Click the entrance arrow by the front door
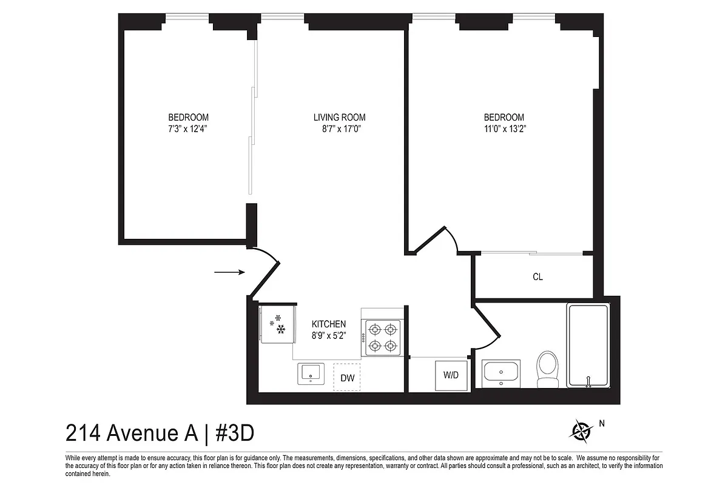tap(229, 272)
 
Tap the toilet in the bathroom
tap(548, 369)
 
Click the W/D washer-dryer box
tap(451, 375)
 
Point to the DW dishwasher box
tap(347, 378)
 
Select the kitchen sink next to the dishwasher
tap(312, 373)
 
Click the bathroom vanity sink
tap(501, 372)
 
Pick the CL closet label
tap(538, 277)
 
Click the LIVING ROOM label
tap(340, 117)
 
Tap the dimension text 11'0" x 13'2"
tap(504, 129)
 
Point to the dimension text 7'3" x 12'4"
tap(188, 129)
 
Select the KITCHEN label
tap(329, 324)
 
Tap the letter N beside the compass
tap(602, 424)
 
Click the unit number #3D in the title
tap(234, 433)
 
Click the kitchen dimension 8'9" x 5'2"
tap(329, 335)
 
